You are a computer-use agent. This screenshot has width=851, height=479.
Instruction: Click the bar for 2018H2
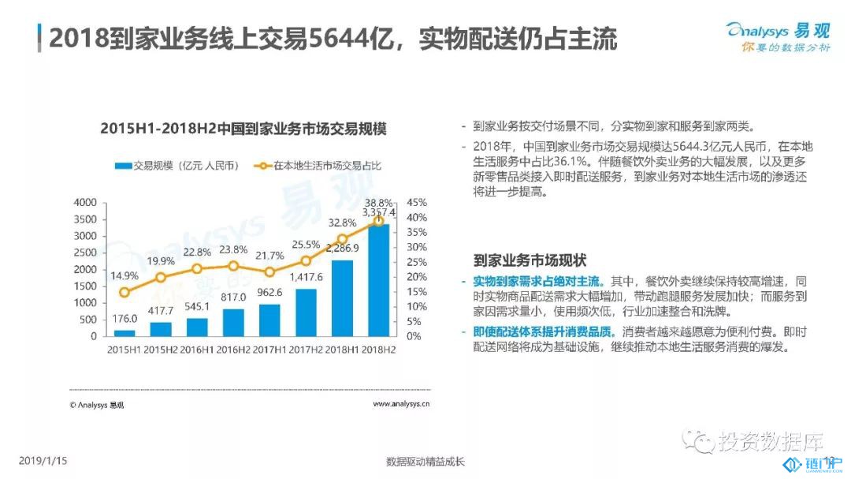(x=378, y=280)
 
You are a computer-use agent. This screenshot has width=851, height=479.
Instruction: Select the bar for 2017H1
(x=269, y=320)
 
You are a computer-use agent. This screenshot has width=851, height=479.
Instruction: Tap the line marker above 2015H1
(x=124, y=292)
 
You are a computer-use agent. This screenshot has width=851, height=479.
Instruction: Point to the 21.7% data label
(x=269, y=256)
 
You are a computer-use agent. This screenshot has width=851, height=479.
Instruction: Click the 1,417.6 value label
(x=306, y=277)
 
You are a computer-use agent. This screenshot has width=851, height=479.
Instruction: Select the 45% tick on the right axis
(x=417, y=203)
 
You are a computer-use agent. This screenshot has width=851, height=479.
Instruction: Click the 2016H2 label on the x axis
(x=233, y=350)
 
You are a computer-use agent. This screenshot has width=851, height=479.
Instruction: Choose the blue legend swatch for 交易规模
(x=121, y=165)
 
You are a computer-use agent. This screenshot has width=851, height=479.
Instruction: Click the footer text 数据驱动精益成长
(x=425, y=461)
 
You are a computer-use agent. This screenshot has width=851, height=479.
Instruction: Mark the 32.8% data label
(x=342, y=222)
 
